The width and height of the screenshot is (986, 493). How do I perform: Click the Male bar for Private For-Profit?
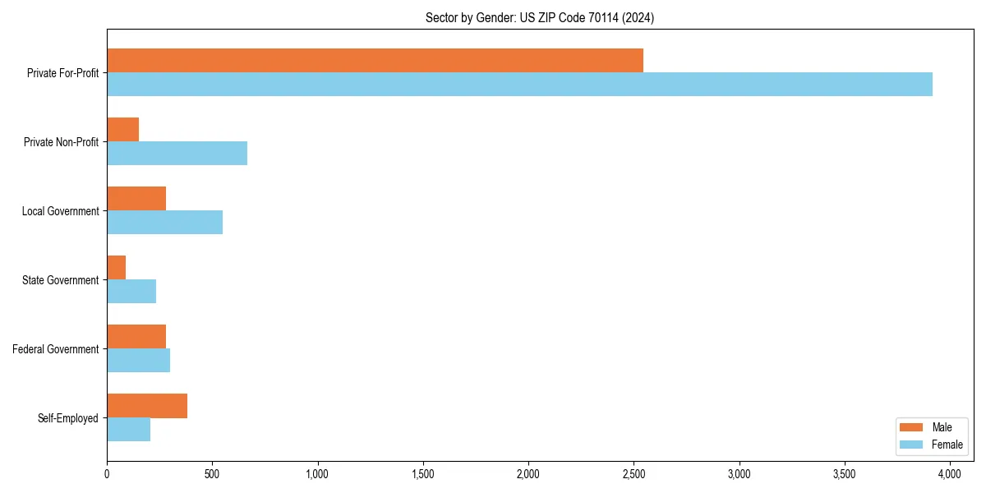(375, 61)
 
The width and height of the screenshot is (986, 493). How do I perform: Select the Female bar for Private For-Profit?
(519, 85)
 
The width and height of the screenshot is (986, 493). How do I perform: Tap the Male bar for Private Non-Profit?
(123, 130)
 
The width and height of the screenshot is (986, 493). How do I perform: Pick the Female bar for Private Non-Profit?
(177, 154)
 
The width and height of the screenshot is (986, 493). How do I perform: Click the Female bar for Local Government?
(164, 223)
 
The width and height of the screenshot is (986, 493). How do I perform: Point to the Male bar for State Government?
(117, 268)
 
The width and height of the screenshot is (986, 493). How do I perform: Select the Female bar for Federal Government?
(138, 361)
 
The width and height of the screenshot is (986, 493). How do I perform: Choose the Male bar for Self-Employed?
(147, 406)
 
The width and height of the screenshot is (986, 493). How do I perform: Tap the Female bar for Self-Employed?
(129, 430)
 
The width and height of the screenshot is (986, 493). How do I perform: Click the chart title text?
(540, 17)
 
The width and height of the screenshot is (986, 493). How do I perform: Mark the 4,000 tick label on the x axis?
(950, 473)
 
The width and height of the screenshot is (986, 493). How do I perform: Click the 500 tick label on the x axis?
(212, 473)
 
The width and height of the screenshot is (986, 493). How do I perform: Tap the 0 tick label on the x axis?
(107, 473)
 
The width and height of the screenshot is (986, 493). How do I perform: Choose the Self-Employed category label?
(68, 418)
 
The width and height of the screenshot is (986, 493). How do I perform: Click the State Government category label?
(61, 280)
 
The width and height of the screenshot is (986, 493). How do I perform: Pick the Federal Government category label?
(56, 349)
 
